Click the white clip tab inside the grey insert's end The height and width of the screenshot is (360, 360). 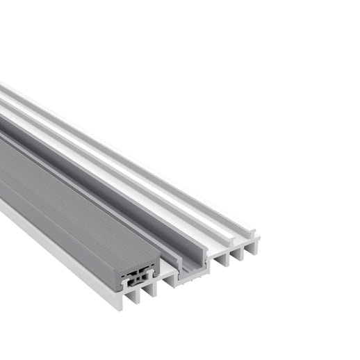click(126, 282)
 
